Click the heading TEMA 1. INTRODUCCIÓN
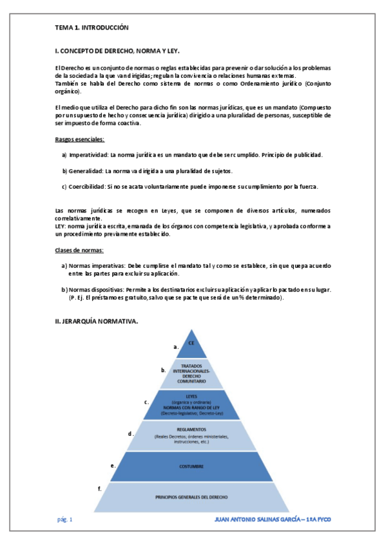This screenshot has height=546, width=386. (x=92, y=28)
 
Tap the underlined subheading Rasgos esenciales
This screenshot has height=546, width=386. (x=79, y=140)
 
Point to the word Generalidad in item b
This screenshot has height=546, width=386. (x=85, y=171)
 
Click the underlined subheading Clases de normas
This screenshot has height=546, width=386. (x=79, y=250)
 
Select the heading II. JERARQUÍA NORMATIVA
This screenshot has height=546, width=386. (x=97, y=321)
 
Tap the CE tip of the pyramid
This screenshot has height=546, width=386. (x=191, y=344)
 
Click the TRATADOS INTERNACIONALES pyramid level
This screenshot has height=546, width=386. (x=191, y=373)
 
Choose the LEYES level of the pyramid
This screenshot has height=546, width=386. (x=191, y=404)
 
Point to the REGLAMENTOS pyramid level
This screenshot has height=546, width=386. (x=191, y=435)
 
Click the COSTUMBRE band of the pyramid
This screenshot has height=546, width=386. (x=191, y=466)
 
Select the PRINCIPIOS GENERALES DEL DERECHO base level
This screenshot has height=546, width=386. (x=191, y=497)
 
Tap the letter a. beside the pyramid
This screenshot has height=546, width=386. (x=176, y=346)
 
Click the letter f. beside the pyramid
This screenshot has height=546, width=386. (x=100, y=489)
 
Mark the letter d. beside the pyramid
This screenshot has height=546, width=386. (x=131, y=433)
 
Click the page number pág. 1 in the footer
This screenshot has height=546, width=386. (x=65, y=519)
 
